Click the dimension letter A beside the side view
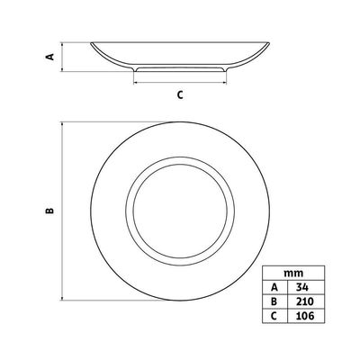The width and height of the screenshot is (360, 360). (x=50, y=57)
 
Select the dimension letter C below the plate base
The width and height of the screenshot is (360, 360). (x=180, y=94)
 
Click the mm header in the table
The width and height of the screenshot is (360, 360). (x=293, y=273)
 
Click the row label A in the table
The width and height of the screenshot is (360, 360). (x=274, y=287)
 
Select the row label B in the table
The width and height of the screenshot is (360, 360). (x=274, y=301)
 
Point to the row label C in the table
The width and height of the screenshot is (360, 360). (x=274, y=315)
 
